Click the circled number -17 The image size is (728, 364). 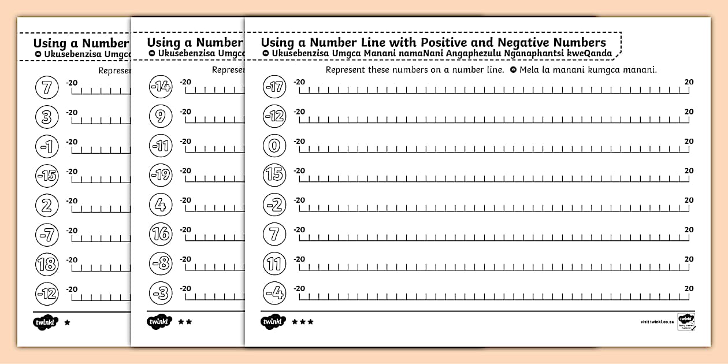274,87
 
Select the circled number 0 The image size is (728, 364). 274,146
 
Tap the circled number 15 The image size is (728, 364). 274,175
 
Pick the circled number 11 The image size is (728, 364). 274,264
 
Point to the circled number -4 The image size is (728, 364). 274,294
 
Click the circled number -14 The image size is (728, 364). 161,87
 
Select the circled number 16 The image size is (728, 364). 161,234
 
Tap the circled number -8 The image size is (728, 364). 161,264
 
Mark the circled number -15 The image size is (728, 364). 47,175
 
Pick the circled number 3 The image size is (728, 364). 47,117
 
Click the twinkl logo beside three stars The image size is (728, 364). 273,322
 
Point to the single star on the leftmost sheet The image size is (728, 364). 67,322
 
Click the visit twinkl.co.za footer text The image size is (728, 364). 657,322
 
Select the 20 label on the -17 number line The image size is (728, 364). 689,82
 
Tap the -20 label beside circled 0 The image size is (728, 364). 299,141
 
